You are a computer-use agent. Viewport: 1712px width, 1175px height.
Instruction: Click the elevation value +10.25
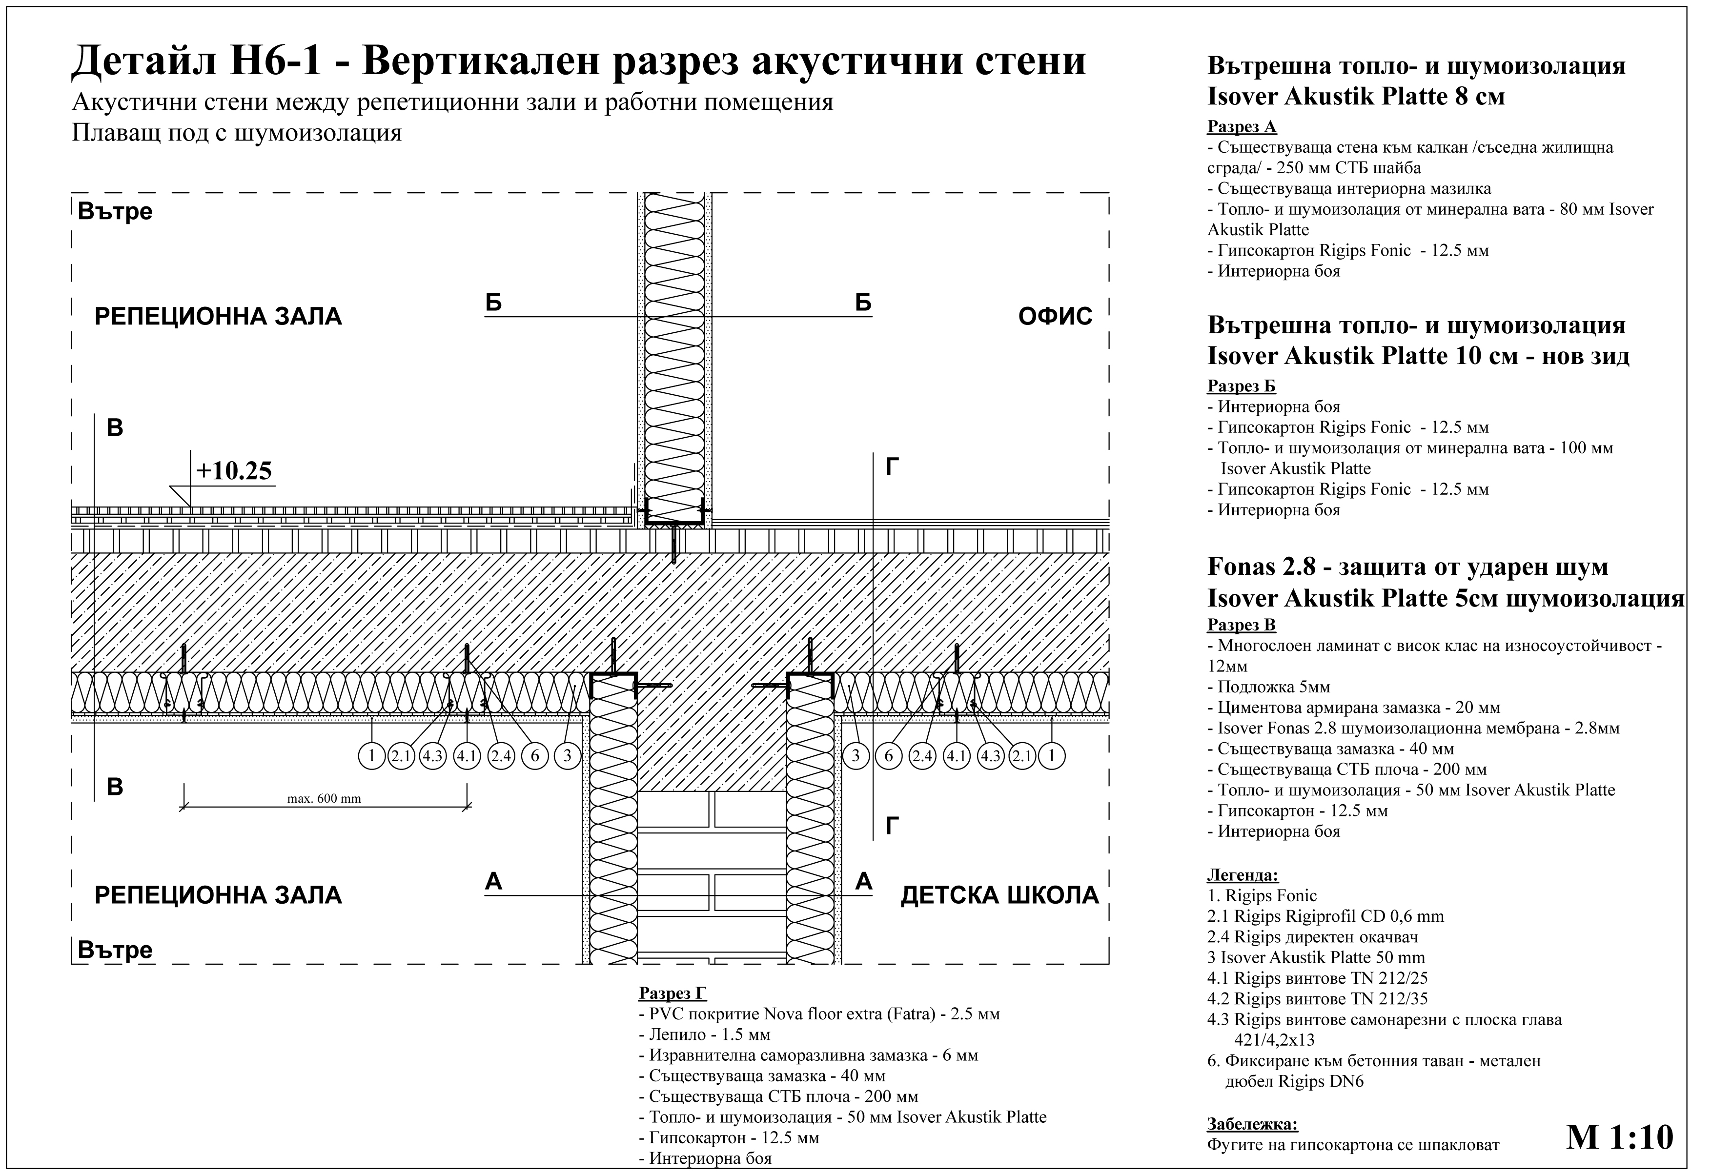point(234,471)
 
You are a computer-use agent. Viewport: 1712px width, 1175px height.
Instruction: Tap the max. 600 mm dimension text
point(324,799)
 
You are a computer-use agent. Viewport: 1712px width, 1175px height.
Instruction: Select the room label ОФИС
point(1055,317)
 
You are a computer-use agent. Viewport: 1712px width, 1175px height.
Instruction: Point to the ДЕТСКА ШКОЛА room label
point(999,896)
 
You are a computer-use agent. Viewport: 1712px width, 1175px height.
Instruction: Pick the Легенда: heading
point(1243,875)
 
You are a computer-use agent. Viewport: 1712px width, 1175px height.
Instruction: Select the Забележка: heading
point(1252,1124)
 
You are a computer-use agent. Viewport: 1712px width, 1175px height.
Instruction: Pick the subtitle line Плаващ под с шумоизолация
point(237,133)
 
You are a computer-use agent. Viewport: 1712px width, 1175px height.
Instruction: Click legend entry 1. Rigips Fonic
point(1262,896)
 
